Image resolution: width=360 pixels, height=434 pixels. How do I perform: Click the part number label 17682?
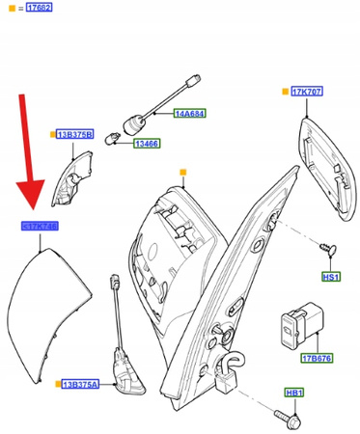(x=40, y=9)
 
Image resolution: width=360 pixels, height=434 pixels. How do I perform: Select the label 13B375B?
(x=74, y=135)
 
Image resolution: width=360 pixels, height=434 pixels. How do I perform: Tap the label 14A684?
(x=190, y=114)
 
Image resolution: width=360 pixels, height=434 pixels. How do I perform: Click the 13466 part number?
(x=146, y=144)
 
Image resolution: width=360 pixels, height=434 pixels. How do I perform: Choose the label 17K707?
(x=307, y=92)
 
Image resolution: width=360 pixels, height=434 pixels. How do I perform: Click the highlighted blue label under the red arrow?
(x=40, y=226)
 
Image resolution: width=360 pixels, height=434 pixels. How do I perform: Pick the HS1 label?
(x=331, y=277)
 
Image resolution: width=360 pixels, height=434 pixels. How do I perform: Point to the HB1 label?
(x=293, y=393)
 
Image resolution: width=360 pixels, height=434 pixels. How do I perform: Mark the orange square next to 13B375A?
(x=59, y=384)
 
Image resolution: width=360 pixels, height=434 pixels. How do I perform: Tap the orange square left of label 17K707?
(x=283, y=92)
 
